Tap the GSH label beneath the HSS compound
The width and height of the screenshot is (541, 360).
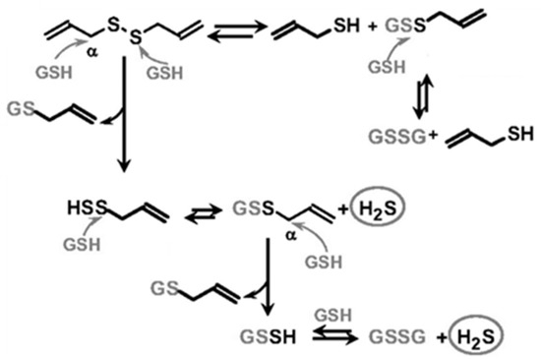(x=88, y=241)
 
